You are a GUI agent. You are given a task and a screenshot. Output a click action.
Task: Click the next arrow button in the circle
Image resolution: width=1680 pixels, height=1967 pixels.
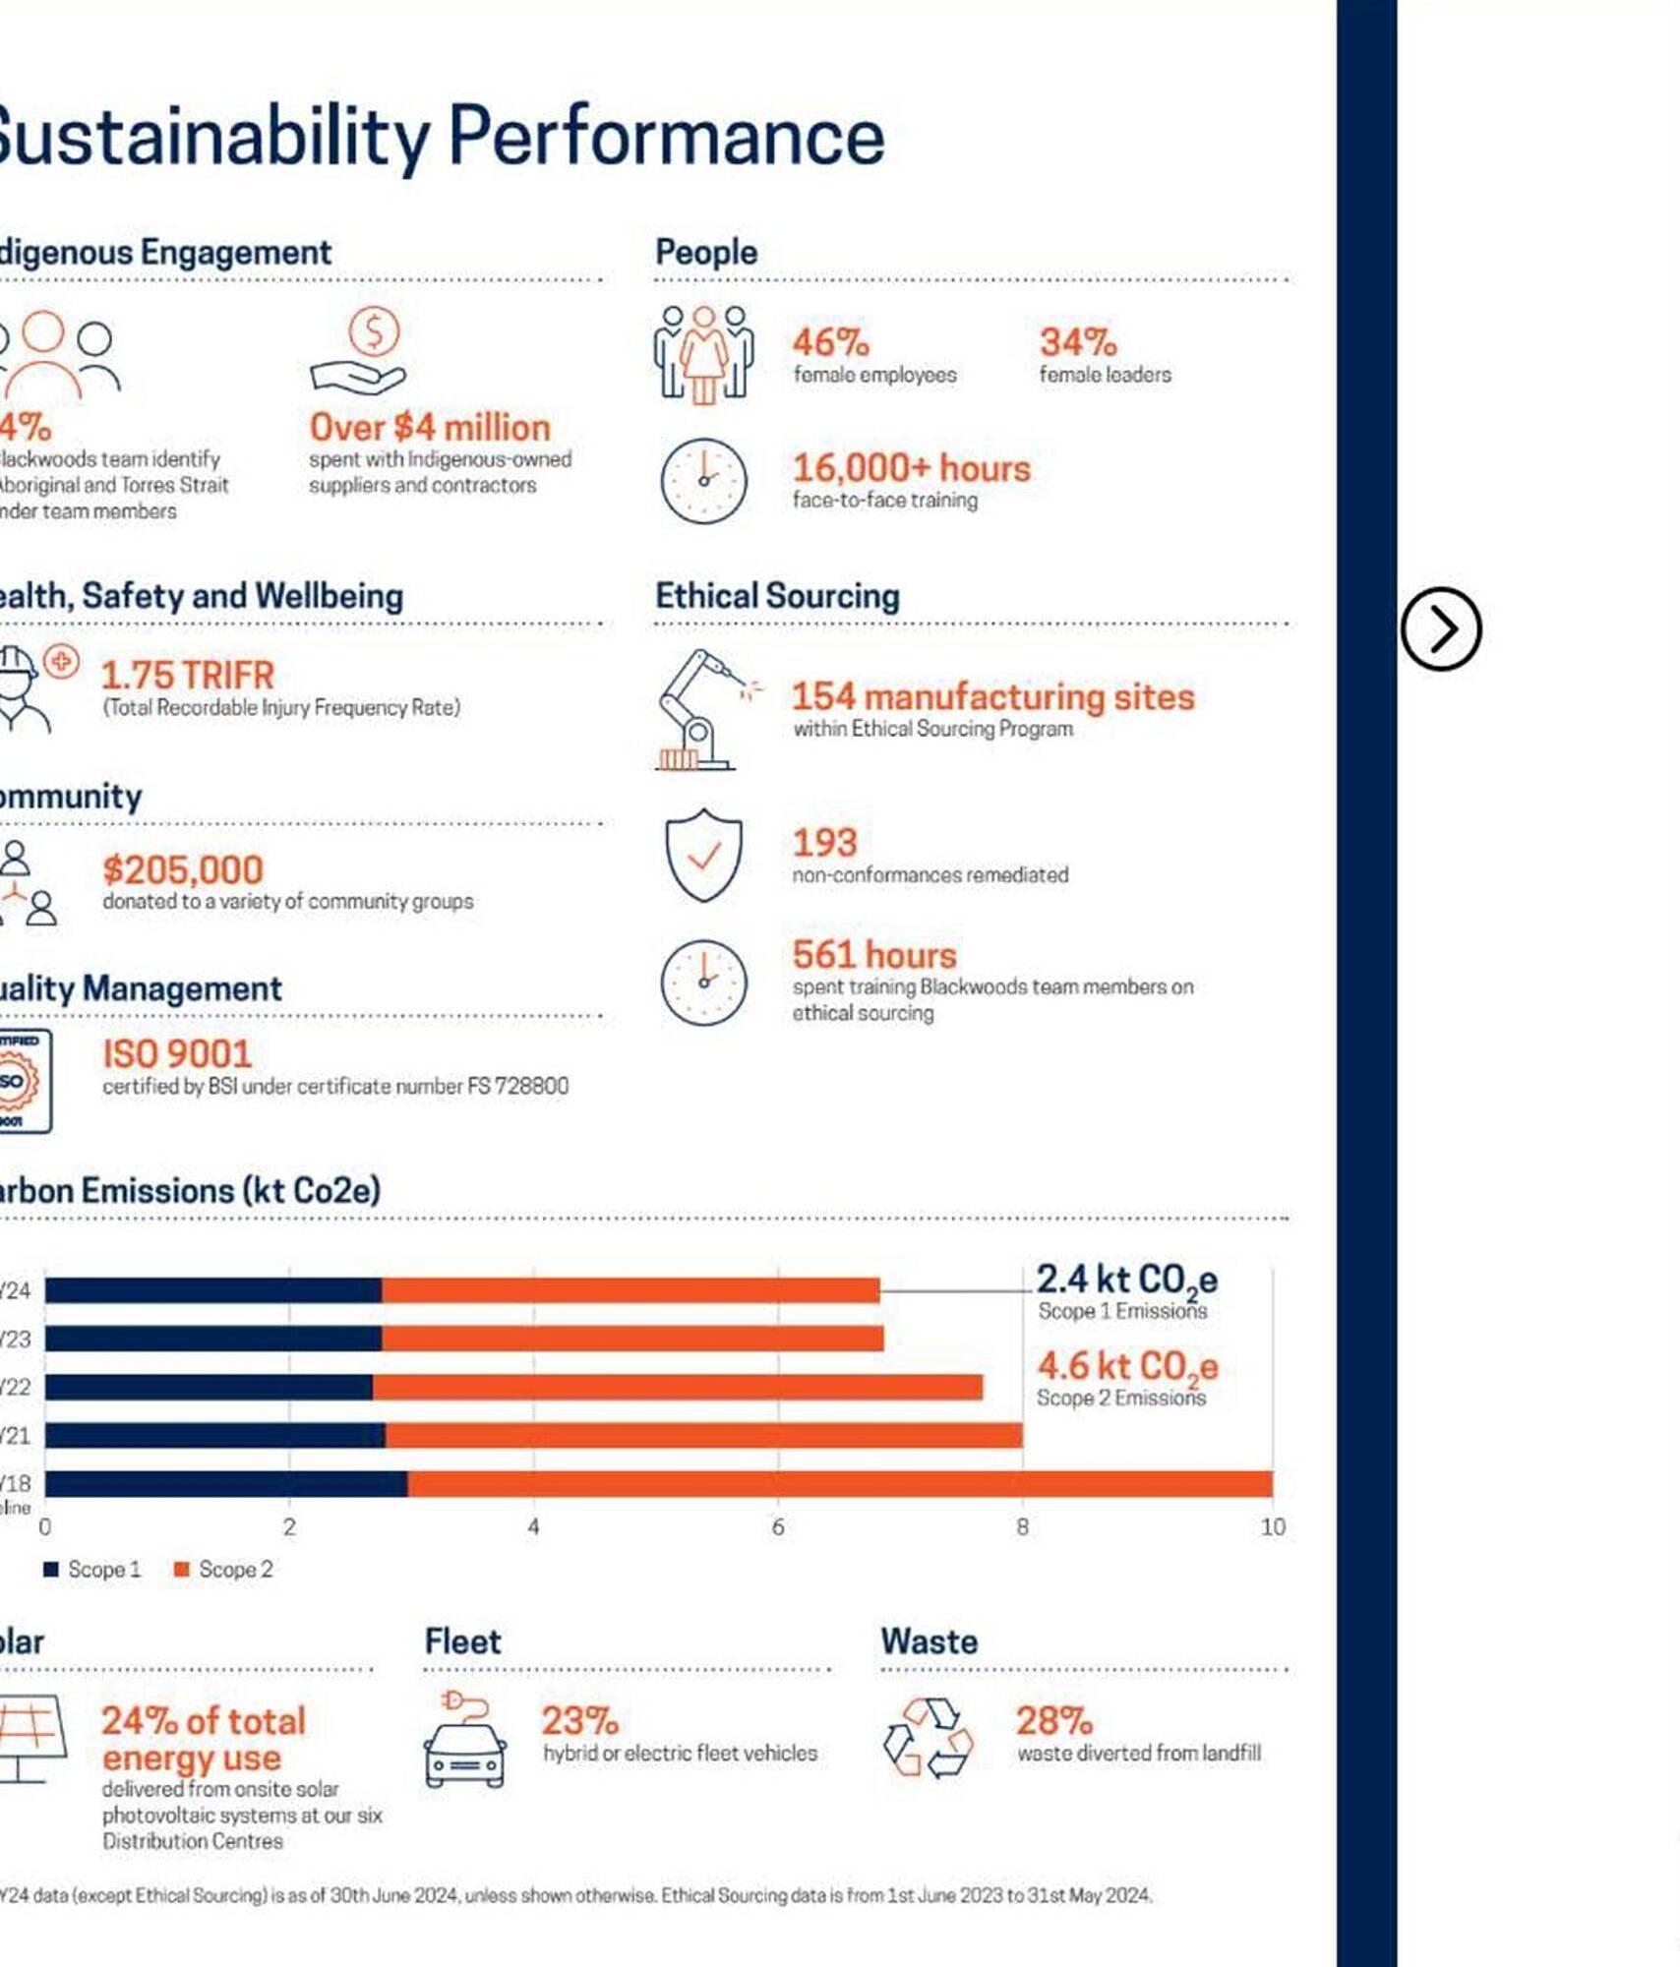click(x=1440, y=629)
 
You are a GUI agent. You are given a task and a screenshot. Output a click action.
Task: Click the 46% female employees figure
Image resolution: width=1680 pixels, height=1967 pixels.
click(x=831, y=343)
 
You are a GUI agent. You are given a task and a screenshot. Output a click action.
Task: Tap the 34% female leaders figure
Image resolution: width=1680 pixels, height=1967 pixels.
click(x=1078, y=343)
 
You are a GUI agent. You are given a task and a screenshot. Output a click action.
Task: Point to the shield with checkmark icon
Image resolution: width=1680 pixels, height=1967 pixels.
click(x=703, y=856)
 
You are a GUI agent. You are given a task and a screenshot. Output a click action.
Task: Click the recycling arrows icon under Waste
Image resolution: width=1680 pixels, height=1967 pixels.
click(x=928, y=1738)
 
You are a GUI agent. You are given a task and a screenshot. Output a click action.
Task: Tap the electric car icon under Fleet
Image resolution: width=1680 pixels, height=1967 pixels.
click(x=465, y=1741)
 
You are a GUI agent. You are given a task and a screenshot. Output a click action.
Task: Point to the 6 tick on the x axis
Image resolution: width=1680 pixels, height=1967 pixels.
click(x=778, y=1527)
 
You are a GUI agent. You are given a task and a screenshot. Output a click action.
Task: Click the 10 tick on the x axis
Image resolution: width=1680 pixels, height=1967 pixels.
click(x=1273, y=1527)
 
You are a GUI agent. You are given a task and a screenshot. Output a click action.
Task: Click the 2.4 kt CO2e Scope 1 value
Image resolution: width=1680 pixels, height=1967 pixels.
click(x=1126, y=1281)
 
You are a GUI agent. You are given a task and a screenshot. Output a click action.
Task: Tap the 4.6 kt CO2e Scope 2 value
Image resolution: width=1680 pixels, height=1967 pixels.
click(x=1127, y=1367)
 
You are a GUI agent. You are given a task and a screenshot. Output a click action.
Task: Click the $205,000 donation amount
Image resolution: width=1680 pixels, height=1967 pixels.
click(x=183, y=870)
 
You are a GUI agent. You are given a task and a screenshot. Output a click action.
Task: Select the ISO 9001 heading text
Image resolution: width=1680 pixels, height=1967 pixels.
click(x=177, y=1054)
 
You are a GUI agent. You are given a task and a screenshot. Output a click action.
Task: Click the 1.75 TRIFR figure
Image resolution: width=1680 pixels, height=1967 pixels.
click(x=188, y=676)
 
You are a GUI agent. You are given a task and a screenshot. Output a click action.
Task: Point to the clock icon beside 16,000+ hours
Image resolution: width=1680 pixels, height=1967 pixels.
click(x=703, y=481)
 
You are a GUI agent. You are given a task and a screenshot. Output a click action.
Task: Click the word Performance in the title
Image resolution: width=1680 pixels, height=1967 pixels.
click(x=667, y=137)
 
